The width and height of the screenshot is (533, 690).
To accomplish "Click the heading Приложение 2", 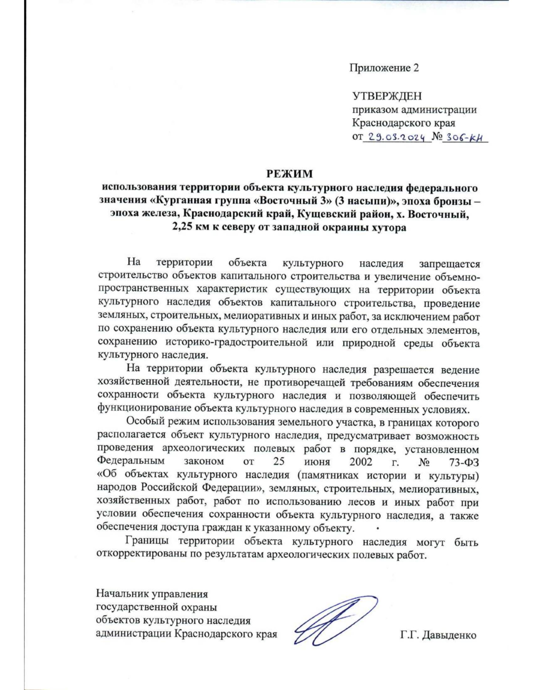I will [x=384, y=68].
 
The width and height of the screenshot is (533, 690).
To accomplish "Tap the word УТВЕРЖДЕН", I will [x=387, y=96].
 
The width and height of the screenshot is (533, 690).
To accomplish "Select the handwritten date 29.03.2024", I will [x=398, y=137].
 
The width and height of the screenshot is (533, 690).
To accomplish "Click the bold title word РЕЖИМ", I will [x=289, y=174].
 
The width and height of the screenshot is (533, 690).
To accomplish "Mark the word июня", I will [x=313, y=462].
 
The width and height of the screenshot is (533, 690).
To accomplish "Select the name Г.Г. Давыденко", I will [x=438, y=635].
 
